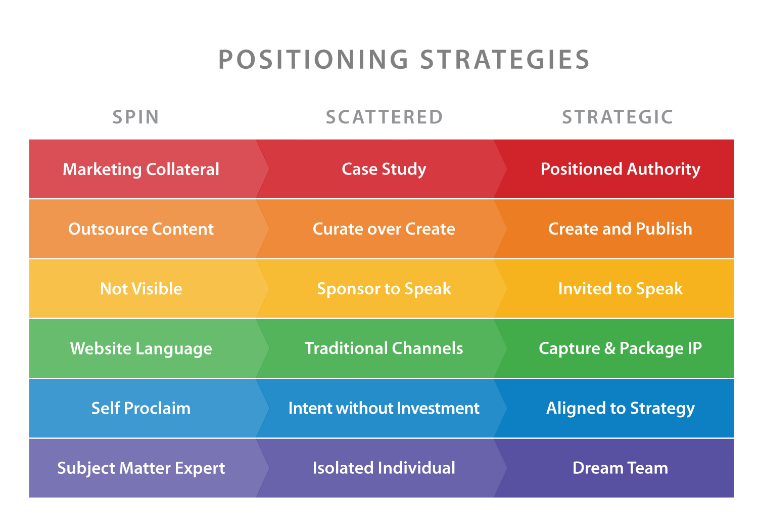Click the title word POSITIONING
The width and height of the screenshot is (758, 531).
point(313,60)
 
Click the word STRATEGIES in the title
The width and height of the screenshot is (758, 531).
point(505,60)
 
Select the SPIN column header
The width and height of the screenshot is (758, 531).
point(136,117)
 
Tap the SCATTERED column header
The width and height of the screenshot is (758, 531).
point(384,117)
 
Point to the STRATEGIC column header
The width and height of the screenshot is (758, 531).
point(618,117)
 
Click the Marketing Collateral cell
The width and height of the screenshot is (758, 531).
point(141,169)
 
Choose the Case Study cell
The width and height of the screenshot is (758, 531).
point(384,169)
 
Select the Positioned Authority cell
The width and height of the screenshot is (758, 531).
point(620,169)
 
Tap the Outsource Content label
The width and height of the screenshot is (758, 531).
point(141,229)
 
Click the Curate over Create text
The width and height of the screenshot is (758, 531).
point(384,229)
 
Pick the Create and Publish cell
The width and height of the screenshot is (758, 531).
point(620,229)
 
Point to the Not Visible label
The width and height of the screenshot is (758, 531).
point(141,289)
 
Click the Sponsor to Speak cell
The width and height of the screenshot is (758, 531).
point(384,289)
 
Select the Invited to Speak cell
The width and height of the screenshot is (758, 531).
point(620,289)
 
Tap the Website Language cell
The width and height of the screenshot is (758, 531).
point(141,348)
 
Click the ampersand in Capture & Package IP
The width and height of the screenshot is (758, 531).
point(609,348)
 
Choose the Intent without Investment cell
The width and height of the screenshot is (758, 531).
point(384,408)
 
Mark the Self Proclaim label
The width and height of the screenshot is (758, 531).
point(141,408)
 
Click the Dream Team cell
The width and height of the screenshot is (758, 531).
point(620,468)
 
